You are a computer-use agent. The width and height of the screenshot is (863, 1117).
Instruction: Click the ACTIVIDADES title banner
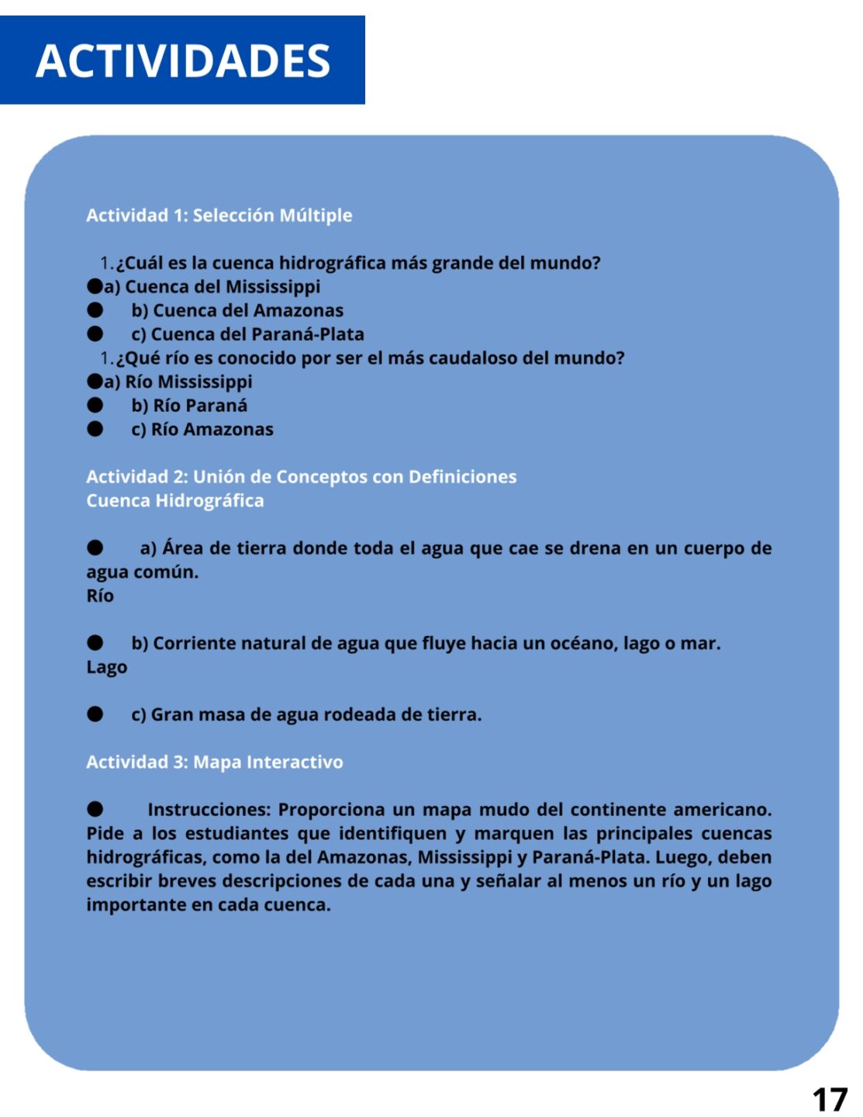[x=183, y=61]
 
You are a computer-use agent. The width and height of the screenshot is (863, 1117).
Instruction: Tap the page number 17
[x=830, y=1099]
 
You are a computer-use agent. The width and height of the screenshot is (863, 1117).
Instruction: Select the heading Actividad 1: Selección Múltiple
[x=219, y=216]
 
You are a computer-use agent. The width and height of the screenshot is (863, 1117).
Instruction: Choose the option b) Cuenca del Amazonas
[x=237, y=310]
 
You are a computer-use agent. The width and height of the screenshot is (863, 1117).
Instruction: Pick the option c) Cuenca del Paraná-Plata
[x=247, y=334]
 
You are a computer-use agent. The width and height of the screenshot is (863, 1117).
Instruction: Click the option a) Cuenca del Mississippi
[x=212, y=287]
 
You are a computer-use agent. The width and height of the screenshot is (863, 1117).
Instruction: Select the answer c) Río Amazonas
[x=202, y=429]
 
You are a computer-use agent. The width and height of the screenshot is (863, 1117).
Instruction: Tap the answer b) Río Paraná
[x=189, y=406]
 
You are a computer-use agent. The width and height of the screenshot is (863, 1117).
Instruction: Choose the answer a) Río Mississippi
[x=178, y=382]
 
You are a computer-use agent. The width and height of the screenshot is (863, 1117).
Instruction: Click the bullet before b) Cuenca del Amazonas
[x=95, y=310]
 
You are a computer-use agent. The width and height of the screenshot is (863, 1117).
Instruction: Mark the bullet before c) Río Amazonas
[x=95, y=429]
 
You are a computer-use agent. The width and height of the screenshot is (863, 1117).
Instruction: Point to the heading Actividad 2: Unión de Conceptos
[x=301, y=477]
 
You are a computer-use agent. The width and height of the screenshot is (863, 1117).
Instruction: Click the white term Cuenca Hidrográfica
[x=175, y=501]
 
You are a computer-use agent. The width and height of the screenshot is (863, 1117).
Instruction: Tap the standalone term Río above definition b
[x=100, y=596]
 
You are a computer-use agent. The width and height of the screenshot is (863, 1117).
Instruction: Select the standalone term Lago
[x=107, y=667]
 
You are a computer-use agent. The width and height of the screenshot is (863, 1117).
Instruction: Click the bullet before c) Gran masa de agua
[x=95, y=714]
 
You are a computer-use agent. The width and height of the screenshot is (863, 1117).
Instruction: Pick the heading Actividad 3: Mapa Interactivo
[x=214, y=763]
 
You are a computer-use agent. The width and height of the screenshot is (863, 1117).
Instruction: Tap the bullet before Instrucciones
[x=95, y=810]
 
